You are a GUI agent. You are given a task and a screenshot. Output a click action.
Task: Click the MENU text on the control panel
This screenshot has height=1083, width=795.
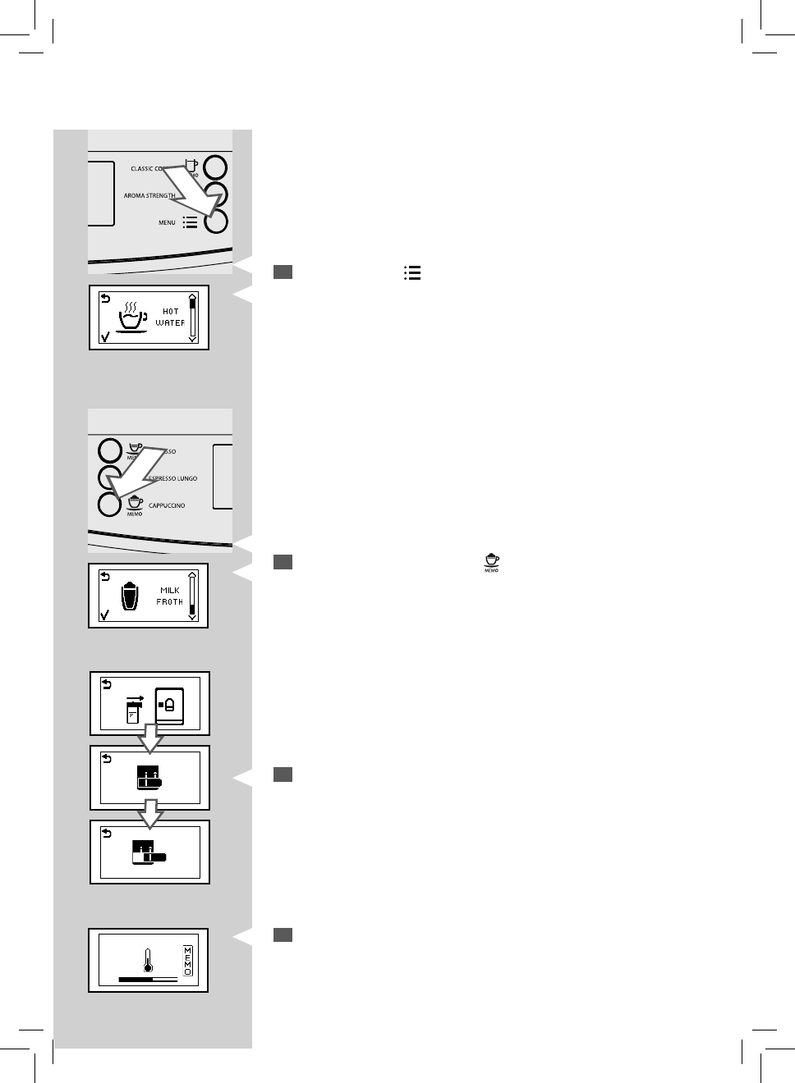(x=167, y=222)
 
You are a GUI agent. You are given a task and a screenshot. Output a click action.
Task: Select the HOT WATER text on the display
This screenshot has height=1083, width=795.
(x=170, y=318)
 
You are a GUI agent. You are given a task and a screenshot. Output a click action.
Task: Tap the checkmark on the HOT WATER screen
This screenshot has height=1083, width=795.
(x=103, y=336)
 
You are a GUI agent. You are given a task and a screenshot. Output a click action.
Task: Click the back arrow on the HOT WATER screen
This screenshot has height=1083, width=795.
(x=104, y=299)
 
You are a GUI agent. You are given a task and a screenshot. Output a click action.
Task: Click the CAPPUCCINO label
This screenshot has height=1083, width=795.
(x=167, y=506)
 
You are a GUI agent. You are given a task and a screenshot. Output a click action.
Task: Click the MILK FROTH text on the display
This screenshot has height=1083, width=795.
(x=170, y=596)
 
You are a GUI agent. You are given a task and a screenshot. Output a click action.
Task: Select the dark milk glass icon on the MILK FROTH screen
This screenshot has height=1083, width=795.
(x=127, y=596)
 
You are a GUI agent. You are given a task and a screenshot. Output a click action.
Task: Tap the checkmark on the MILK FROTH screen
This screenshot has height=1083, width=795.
(x=103, y=615)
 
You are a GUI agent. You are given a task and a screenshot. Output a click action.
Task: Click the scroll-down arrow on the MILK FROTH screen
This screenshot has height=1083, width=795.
(x=192, y=617)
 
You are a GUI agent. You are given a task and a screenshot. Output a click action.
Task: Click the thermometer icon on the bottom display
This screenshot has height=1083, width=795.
(x=148, y=959)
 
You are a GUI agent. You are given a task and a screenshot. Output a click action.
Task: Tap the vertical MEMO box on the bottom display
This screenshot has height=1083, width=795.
(x=187, y=960)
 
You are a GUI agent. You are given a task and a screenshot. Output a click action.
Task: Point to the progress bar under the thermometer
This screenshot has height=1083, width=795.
(x=148, y=979)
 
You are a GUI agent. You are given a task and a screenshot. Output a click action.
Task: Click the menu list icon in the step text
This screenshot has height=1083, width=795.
(x=412, y=273)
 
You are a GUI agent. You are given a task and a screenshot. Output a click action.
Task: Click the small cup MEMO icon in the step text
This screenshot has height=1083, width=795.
(x=492, y=562)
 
